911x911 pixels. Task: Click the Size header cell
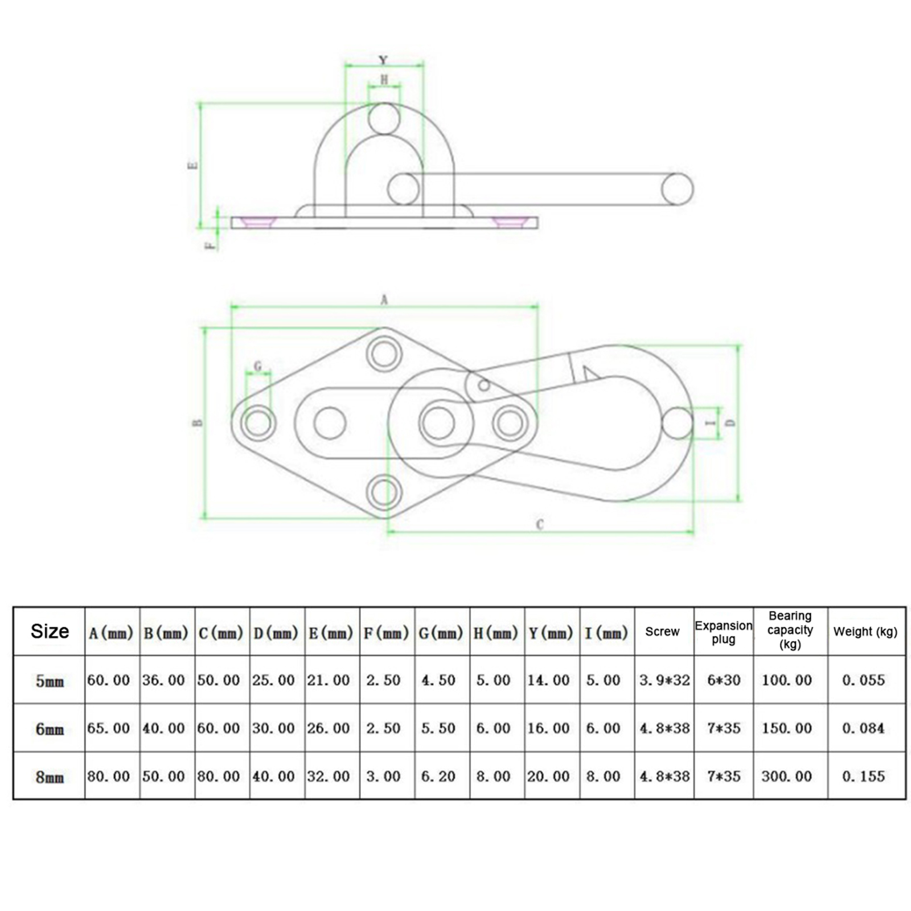pos(50,631)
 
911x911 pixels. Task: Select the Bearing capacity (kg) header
pos(790,630)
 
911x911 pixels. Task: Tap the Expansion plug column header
pos(724,632)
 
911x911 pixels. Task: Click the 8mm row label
pos(50,777)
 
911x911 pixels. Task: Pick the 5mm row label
pos(50,680)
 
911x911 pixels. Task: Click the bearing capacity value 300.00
pos(787,776)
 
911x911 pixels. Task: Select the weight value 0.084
pos(864,728)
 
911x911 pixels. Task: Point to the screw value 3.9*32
pos(664,680)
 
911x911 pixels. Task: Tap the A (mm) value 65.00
pos(109,728)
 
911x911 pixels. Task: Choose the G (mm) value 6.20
pos(438,776)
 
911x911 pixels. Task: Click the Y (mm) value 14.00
pos(548,680)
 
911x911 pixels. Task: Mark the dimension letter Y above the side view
pos(383,60)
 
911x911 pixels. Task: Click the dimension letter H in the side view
pos(384,80)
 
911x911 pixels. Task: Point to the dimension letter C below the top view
pos(540,524)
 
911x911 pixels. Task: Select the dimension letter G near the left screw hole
pos(258,366)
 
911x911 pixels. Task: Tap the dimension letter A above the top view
pos(384,299)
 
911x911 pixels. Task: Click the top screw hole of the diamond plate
pos(384,354)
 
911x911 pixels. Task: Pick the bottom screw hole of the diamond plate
pos(384,492)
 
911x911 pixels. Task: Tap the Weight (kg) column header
pos(865,631)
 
